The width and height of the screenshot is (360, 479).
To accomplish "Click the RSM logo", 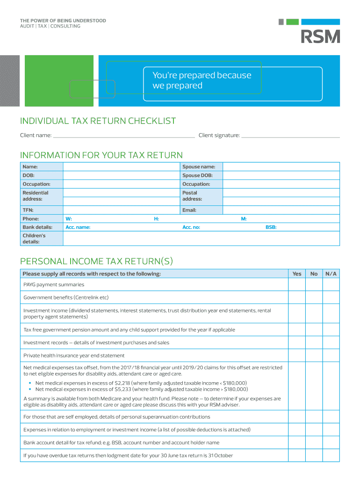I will pyautogui.click(x=320, y=36).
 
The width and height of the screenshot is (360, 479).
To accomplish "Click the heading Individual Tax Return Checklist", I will pyautogui.click(x=98, y=121).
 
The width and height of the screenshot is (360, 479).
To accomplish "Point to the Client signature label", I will pyautogui.click(x=219, y=136).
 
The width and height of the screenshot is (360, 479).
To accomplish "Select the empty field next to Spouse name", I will pyautogui.click(x=281, y=167).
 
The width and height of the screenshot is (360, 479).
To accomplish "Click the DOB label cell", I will pyautogui.click(x=42, y=175).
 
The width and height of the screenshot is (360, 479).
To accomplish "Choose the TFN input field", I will pyautogui.click(x=121, y=210).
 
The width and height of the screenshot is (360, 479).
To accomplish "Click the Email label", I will pyautogui.click(x=189, y=210).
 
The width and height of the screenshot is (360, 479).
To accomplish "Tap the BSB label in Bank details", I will pyautogui.click(x=271, y=227).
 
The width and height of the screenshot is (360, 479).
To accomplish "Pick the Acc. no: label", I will pyautogui.click(x=191, y=227).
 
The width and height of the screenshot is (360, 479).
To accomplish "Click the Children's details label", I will pyautogui.click(x=42, y=239).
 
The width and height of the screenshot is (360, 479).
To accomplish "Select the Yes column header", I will pyautogui.click(x=297, y=274).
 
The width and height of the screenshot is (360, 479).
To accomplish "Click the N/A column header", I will pyautogui.click(x=331, y=274).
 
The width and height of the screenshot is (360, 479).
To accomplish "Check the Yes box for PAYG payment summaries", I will pyautogui.click(x=297, y=284).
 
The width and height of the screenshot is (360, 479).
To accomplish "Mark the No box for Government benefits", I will pyautogui.click(x=314, y=298).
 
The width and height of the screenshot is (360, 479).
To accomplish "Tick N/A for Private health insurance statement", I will pyautogui.click(x=331, y=356).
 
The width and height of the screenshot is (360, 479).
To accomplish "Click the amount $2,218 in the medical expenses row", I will pyautogui.click(x=122, y=383).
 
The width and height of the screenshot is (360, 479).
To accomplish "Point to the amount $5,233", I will pyautogui.click(x=122, y=389).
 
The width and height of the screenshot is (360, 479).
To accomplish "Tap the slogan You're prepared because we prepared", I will pyautogui.click(x=202, y=80).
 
